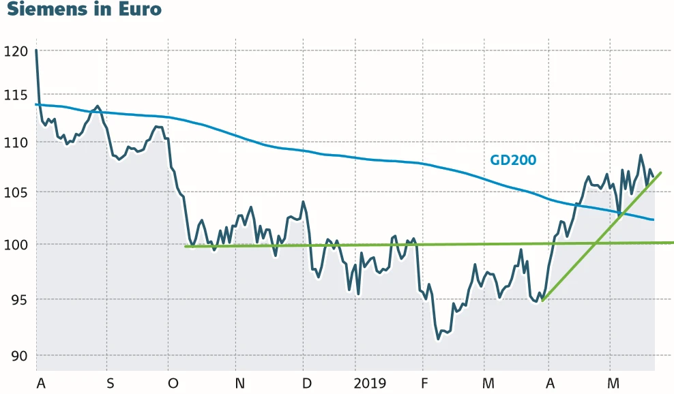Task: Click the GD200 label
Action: point(513,160)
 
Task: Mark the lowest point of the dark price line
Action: point(439,339)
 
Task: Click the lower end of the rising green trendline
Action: point(542,301)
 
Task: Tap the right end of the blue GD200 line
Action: point(654,219)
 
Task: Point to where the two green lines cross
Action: point(595,243)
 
